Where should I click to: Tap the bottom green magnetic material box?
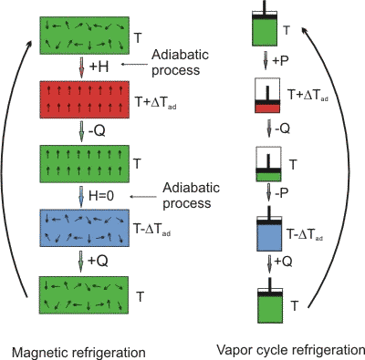coord(81,295)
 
